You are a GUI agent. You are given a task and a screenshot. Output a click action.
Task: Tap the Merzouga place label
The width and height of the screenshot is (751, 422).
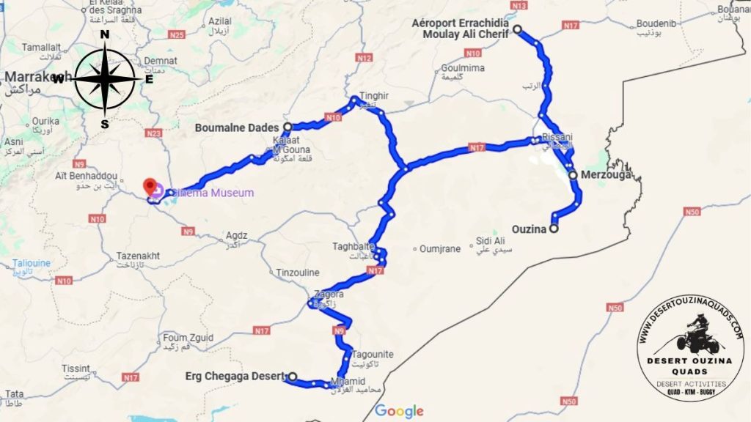(605, 176)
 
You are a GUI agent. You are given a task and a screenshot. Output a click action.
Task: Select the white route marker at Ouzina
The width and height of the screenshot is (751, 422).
(554, 229)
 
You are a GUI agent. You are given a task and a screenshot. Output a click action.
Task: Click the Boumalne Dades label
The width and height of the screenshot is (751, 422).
(238, 127)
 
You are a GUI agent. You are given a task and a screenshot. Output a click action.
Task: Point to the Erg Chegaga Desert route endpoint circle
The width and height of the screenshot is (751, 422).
(292, 377)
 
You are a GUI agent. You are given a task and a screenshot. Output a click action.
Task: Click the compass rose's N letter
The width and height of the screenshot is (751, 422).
(105, 34)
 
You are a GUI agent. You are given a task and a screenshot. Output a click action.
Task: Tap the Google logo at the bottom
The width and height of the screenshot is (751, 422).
(399, 411)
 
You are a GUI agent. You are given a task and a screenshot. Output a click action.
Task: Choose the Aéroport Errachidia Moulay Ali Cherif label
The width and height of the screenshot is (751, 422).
(461, 28)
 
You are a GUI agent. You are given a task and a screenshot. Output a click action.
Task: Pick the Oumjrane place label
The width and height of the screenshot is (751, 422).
(440, 249)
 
